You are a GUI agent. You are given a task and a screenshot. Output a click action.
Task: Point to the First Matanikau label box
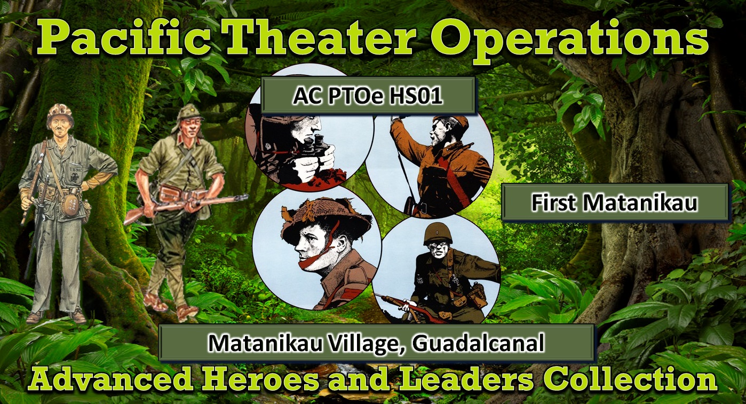tap(615, 203)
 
